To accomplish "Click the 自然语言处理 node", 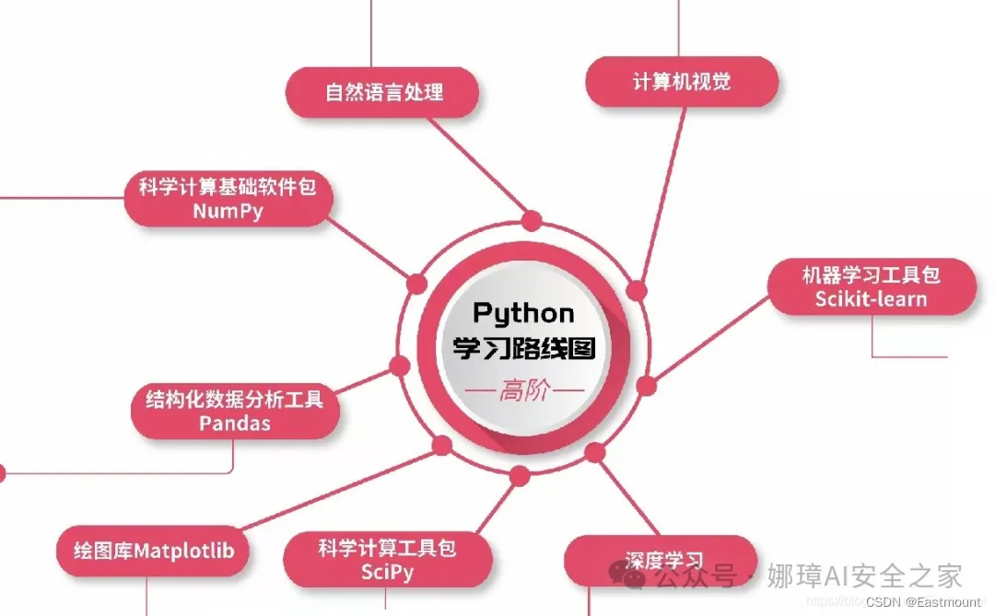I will tap(383, 92).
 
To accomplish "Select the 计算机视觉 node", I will tap(682, 82).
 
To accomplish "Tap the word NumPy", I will tap(228, 211).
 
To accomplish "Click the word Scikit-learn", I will tap(871, 299).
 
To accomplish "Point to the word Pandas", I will tap(235, 424).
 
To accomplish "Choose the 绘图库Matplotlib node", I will tap(153, 552).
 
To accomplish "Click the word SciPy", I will tap(387, 572).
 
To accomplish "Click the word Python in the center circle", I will tap(523, 313).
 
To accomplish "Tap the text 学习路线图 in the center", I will tap(523, 349).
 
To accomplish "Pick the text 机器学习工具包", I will tap(871, 274).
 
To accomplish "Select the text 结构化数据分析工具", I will tap(235, 401).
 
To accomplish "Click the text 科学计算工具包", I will tap(387, 549).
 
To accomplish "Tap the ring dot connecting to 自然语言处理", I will tap(532, 221).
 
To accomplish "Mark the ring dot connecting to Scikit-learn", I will tap(646, 385).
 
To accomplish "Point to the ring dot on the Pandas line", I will tap(400, 366).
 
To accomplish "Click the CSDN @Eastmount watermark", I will tap(923, 600).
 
